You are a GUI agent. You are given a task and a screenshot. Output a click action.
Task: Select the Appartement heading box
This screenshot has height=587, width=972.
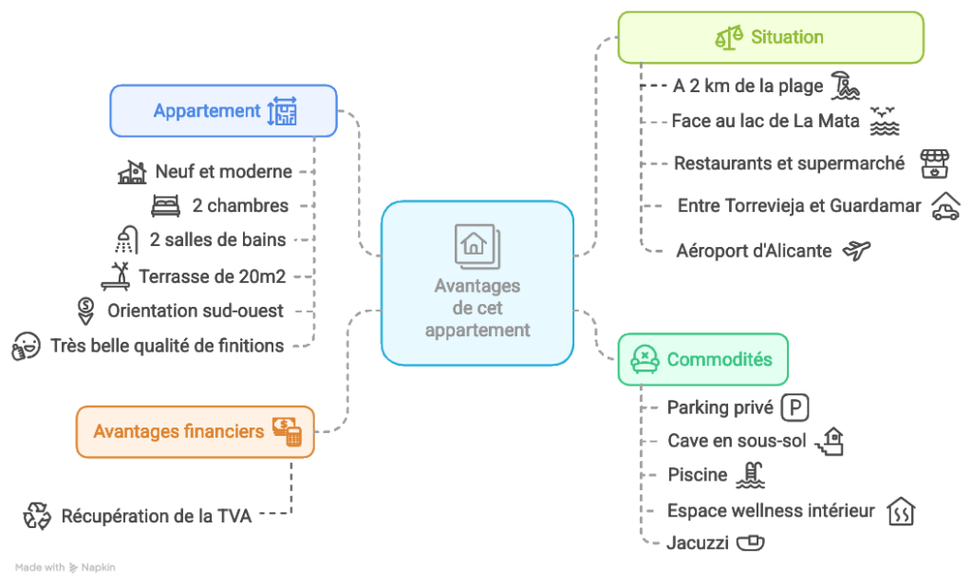223,111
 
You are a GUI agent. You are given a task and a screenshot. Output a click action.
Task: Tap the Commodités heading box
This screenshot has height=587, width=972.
702,359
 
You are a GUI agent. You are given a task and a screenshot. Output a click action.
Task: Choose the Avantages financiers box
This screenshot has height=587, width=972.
195,432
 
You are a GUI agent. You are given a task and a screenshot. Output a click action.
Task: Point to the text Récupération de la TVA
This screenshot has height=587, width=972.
157,517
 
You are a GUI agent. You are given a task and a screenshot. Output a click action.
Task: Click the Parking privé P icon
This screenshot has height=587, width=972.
794,408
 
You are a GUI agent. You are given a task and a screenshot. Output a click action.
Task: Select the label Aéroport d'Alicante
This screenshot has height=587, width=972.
754,251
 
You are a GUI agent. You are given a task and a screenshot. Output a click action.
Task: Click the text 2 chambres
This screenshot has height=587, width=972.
240,205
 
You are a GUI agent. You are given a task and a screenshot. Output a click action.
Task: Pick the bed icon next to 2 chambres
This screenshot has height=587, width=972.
165,205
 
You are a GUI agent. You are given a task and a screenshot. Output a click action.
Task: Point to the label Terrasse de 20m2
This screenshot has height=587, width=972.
213,276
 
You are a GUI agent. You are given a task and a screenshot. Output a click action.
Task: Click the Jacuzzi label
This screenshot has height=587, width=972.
697,542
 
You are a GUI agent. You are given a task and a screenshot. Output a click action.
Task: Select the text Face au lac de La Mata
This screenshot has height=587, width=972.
765,121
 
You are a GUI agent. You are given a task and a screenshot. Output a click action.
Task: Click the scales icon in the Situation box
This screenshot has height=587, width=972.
729,38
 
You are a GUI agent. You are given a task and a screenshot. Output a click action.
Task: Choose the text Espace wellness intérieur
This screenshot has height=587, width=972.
771,511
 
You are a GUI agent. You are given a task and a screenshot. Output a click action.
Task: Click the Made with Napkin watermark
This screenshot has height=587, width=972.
65,567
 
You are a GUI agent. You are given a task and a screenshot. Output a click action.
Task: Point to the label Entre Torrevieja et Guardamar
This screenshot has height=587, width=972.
798,205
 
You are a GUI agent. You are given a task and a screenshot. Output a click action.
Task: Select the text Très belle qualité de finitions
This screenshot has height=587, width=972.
167,346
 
